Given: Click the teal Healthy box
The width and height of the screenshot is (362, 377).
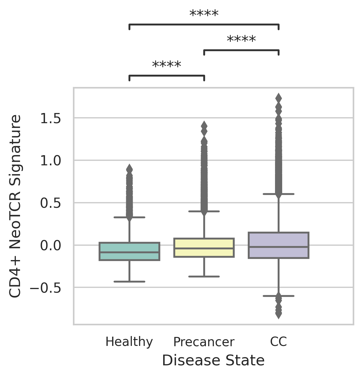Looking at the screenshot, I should point(129,251).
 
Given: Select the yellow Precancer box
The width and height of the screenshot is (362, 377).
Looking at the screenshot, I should point(204,248).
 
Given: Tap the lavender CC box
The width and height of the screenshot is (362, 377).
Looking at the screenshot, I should point(278,245).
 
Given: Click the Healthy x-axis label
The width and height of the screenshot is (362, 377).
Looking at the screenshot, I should point(129,342).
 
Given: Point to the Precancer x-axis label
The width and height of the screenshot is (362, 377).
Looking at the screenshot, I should point(204,342).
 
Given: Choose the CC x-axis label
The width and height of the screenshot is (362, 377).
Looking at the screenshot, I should point(278,342).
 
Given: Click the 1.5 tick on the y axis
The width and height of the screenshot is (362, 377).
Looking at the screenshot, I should point(51,119).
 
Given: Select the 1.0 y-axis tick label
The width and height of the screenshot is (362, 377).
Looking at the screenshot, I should point(51,161).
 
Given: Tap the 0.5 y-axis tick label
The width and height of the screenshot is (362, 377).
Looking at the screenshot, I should point(51,203).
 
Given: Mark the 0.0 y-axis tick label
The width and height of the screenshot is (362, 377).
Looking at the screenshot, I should point(51,246).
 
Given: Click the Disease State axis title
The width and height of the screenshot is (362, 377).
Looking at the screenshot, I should point(213,361).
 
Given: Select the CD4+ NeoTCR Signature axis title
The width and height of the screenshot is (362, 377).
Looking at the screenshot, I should point(15,206).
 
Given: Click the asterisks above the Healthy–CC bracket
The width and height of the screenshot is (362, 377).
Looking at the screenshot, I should point(204,14).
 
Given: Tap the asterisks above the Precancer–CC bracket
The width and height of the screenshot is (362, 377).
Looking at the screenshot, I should point(241,40).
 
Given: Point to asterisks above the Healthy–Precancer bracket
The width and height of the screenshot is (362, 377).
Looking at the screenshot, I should point(167,65).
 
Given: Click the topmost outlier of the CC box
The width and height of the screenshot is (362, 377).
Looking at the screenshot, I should point(279,98).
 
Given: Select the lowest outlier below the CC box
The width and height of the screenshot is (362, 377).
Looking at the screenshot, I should point(279,315).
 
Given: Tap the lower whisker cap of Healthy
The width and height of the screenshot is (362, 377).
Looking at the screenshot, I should point(129,282).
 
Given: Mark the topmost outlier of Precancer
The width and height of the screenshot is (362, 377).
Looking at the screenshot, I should point(204,125).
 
